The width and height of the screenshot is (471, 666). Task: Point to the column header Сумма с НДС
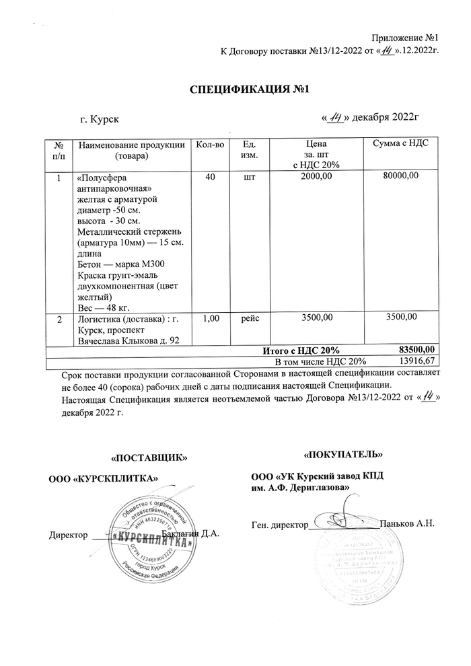click(401, 143)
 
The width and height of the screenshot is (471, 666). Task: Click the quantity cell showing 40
click(210, 176)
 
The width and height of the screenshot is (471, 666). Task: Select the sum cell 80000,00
click(401, 176)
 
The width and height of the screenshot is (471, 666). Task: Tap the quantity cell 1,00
click(210, 317)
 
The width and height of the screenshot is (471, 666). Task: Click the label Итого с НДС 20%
click(300, 350)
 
